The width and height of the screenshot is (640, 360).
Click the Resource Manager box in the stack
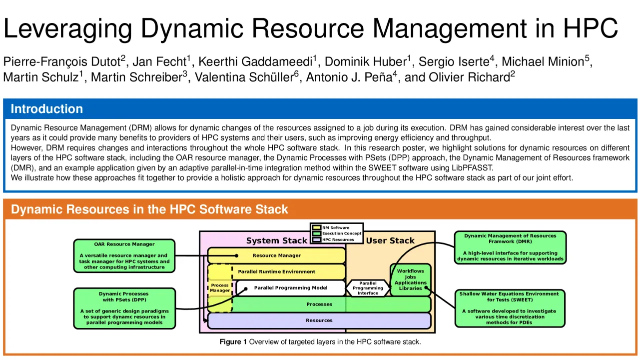point(276,255)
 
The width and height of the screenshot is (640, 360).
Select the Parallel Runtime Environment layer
point(276,271)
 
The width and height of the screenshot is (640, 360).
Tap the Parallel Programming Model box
point(291,288)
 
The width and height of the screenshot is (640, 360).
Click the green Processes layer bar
point(319,304)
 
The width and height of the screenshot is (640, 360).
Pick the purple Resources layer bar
point(319,320)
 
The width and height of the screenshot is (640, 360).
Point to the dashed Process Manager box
point(220,288)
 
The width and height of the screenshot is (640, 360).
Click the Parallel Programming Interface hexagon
point(368,288)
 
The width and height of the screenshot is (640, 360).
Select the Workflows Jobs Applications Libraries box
point(410,279)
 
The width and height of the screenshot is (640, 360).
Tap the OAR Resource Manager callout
point(124,255)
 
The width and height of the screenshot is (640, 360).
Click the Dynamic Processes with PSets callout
point(124,308)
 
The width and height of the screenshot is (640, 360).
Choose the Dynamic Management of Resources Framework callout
point(510,247)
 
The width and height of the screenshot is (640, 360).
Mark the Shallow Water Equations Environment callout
point(510,308)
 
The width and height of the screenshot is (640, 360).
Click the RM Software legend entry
point(336,227)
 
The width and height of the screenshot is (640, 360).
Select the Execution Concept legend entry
point(341,233)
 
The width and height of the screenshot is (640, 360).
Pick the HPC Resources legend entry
point(338,239)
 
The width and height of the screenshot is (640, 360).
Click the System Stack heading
point(276,240)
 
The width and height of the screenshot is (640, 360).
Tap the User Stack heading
point(390,240)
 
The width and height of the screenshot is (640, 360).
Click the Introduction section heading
point(47,109)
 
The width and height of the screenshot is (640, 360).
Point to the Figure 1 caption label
point(233,342)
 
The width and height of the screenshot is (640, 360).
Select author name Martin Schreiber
point(138,77)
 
